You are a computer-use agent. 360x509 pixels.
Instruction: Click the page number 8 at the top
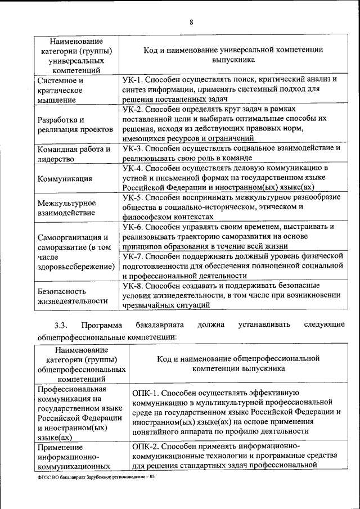[191, 22]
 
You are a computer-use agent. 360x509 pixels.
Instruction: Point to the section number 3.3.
[61, 325]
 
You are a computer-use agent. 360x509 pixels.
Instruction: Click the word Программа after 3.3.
[101, 325]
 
